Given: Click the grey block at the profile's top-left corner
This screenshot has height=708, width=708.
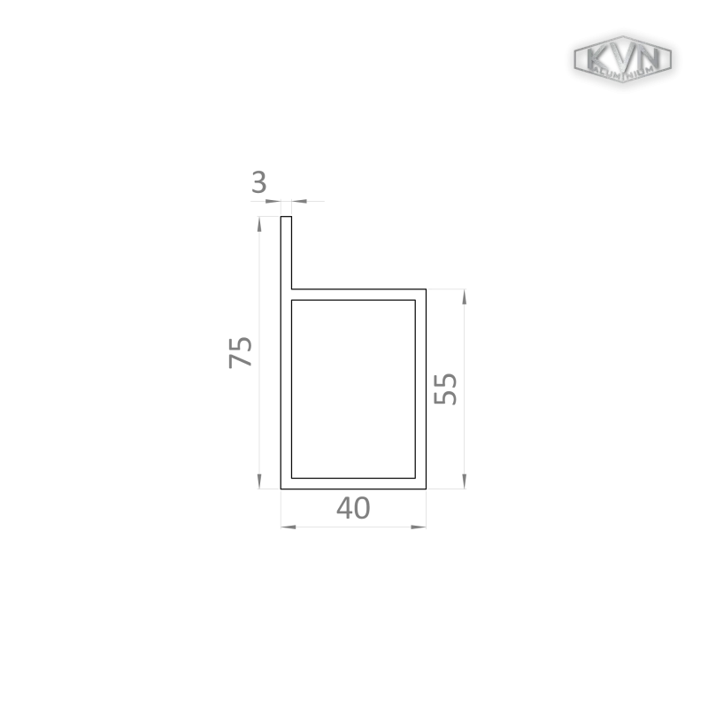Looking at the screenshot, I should pyautogui.click(x=258, y=186).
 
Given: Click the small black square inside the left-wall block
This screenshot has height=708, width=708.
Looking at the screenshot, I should pyautogui.click(x=251, y=358).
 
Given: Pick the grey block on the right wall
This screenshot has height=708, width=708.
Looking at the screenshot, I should pyautogui.click(x=450, y=390).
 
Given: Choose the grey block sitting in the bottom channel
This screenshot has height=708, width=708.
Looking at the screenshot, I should pyautogui.click(x=354, y=509).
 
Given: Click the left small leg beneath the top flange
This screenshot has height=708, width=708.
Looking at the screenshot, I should pyautogui.click(x=280, y=211).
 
